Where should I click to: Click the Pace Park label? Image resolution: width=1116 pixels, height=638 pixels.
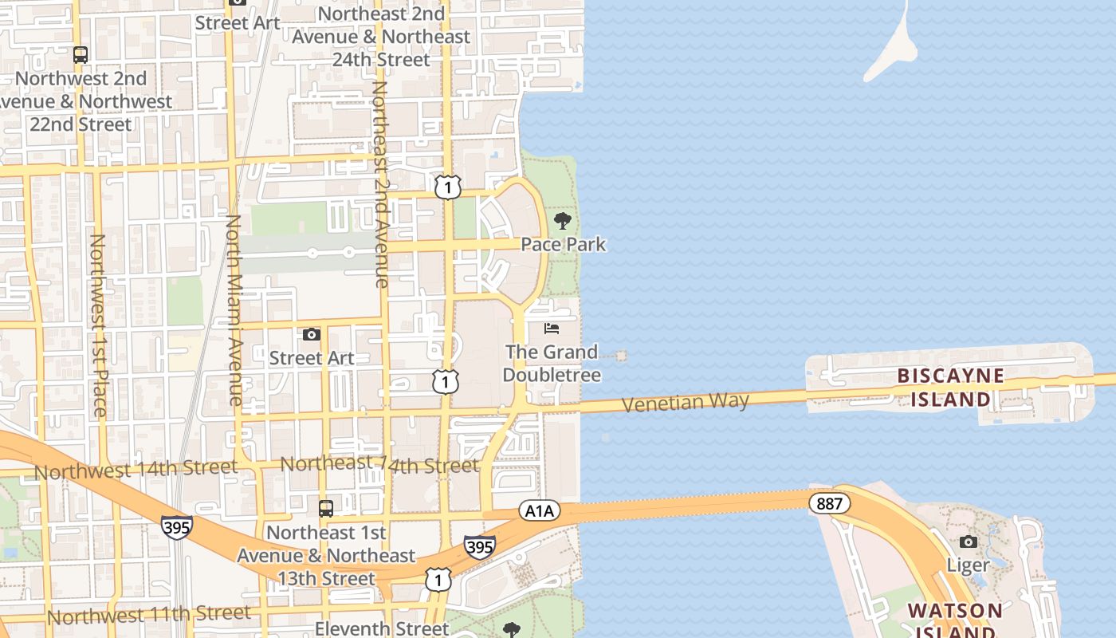(x=564, y=244)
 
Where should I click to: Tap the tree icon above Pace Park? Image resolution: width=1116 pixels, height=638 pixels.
(x=563, y=221)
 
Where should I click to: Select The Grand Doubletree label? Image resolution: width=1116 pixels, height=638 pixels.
(x=552, y=363)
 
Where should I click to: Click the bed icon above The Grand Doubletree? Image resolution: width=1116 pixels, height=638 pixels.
(x=552, y=329)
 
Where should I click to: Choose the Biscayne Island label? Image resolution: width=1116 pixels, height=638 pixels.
(x=950, y=387)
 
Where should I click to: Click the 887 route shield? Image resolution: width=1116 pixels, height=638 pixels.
(x=829, y=504)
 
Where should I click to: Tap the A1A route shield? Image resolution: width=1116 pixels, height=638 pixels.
(x=539, y=510)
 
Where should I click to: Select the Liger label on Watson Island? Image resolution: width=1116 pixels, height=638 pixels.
(x=968, y=565)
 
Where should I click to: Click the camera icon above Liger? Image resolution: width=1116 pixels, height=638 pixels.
(x=969, y=542)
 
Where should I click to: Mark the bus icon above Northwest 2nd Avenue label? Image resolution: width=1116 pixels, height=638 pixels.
(x=81, y=55)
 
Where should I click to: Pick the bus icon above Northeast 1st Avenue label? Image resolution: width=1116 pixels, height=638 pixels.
(x=326, y=508)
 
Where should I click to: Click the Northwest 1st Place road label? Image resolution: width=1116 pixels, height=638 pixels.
(x=98, y=325)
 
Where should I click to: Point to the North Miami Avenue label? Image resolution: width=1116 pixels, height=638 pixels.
(x=234, y=309)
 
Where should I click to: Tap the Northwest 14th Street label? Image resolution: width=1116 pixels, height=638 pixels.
(x=136, y=470)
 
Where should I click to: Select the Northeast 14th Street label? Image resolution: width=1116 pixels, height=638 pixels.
(x=379, y=464)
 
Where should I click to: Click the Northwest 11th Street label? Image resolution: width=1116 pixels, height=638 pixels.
(x=149, y=615)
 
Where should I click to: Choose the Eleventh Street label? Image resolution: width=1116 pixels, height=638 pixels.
(x=382, y=628)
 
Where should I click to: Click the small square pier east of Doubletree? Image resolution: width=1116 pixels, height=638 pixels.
(x=621, y=356)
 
